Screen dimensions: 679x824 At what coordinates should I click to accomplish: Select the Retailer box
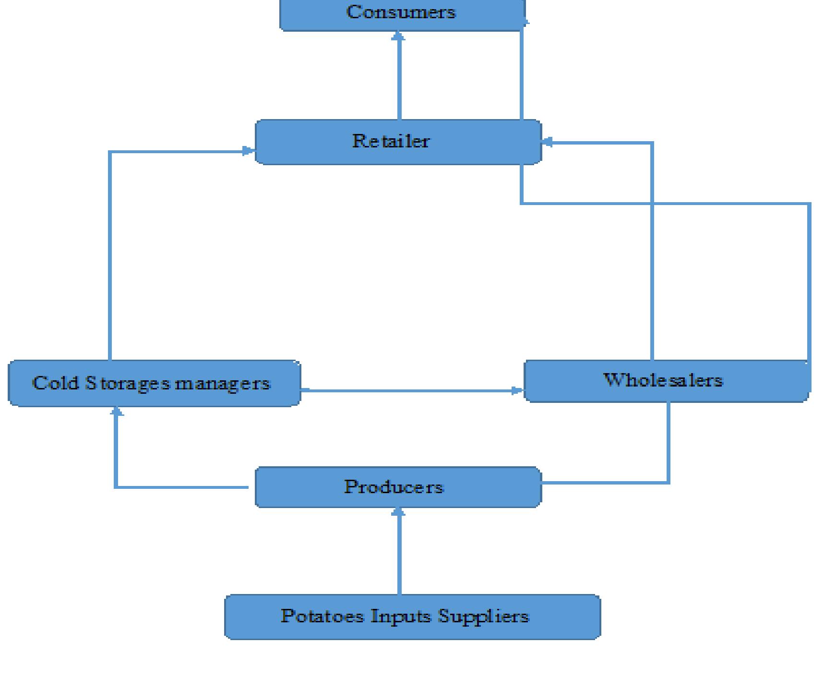[x=398, y=142]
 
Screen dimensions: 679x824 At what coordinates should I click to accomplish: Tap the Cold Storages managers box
[x=154, y=383]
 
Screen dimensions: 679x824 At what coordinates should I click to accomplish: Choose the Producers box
[x=398, y=487]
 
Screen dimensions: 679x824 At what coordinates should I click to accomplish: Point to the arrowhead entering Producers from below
[x=398, y=512]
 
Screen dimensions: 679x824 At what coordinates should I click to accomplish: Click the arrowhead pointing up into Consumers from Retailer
[x=398, y=36]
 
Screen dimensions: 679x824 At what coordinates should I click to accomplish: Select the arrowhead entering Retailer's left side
[x=249, y=151]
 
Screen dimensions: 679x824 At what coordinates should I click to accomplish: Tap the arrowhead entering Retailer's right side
[x=547, y=142]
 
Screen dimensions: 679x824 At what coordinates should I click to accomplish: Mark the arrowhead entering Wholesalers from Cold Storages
[x=517, y=390]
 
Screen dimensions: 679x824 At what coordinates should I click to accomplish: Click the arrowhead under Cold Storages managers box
[x=117, y=412]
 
